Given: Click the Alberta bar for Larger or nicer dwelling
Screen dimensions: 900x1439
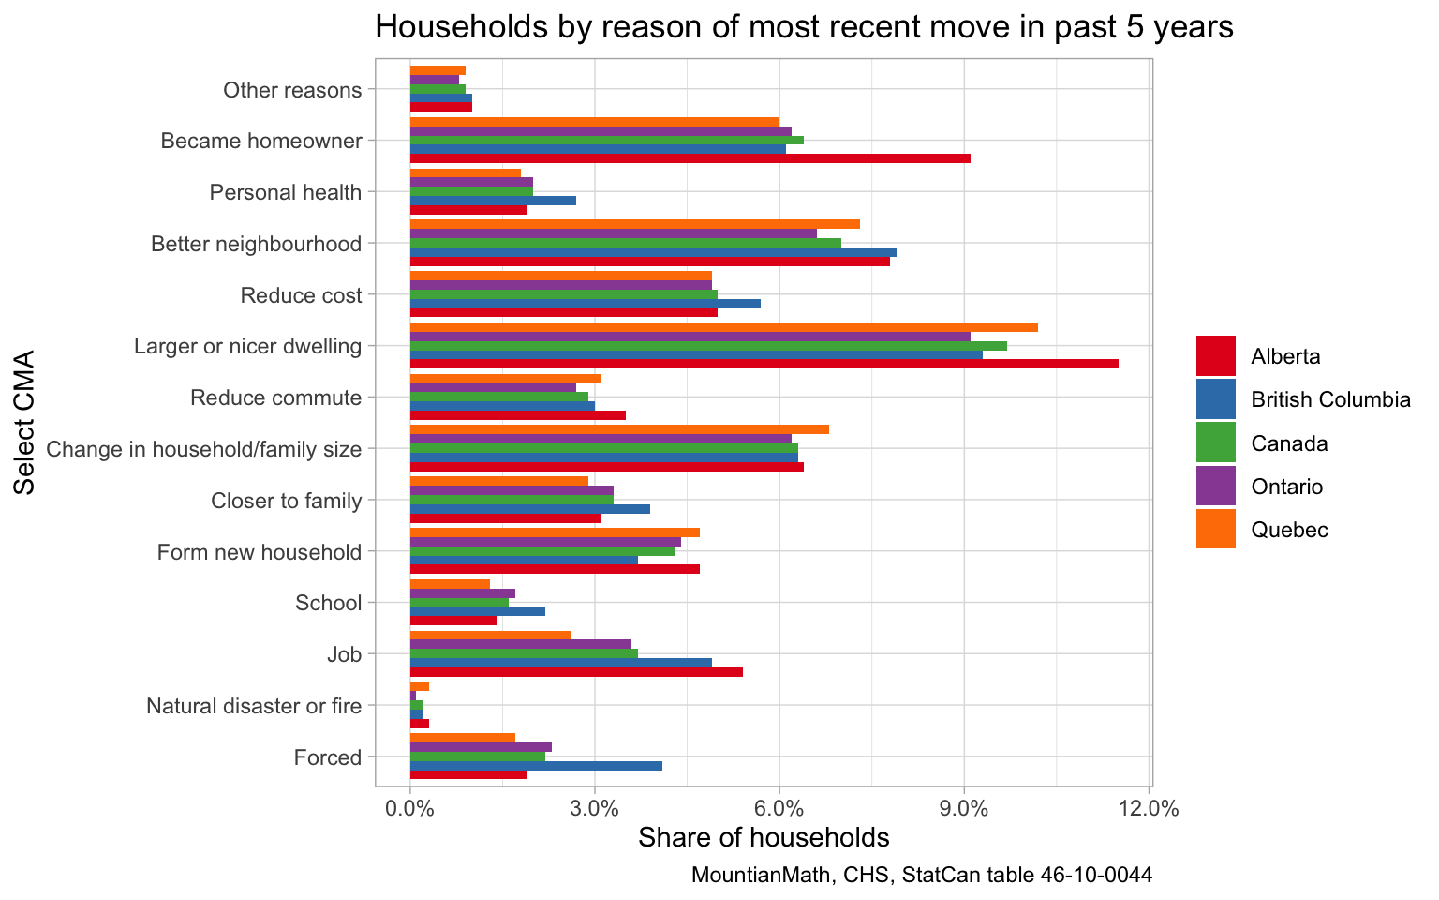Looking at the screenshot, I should point(764,364).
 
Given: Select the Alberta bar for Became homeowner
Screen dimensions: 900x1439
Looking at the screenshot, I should point(690,158).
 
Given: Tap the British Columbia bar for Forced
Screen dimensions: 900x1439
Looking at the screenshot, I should point(536,766).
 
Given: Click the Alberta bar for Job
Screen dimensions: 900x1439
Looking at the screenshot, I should point(576,672).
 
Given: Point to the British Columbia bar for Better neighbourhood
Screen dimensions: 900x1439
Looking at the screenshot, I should point(653,252).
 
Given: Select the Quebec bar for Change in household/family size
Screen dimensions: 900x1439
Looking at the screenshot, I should point(619,429).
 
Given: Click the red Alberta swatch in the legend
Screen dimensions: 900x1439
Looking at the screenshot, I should point(1215,356).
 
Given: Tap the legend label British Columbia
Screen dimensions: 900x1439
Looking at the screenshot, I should point(1330,400).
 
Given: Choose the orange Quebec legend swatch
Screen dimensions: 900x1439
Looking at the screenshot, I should point(1215,530).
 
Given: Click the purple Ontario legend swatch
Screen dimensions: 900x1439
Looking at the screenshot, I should point(1215,487).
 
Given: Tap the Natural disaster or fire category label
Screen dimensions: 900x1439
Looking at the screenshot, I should point(254,706).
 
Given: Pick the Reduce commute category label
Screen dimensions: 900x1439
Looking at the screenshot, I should point(275,397).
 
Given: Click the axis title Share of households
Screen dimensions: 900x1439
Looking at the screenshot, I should point(764,837).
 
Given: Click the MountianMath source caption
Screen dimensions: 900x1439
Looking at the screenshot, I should point(921,876).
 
